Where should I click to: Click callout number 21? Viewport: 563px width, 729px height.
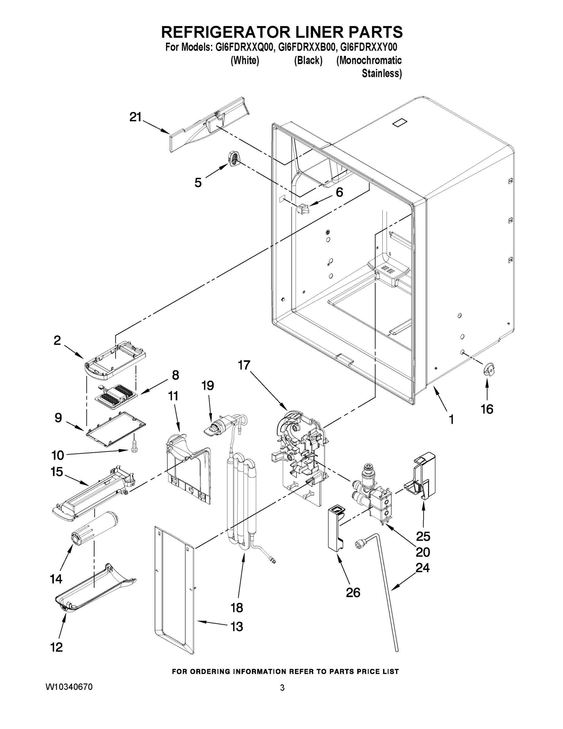[135, 117]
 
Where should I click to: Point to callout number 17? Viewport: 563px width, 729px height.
[244, 365]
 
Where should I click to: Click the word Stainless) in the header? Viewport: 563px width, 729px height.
[382, 74]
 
